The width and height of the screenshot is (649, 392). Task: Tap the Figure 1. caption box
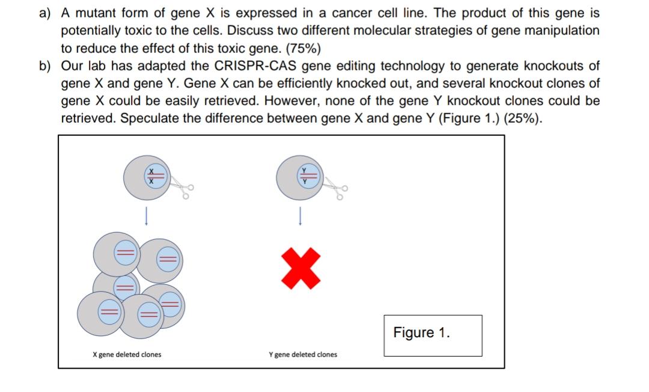coord(433,335)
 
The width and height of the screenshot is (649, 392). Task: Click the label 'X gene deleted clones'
coord(127,354)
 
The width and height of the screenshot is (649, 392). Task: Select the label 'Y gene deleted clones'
coord(303,354)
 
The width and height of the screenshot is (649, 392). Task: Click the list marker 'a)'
coord(45,13)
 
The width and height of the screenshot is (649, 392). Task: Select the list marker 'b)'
coord(45,66)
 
